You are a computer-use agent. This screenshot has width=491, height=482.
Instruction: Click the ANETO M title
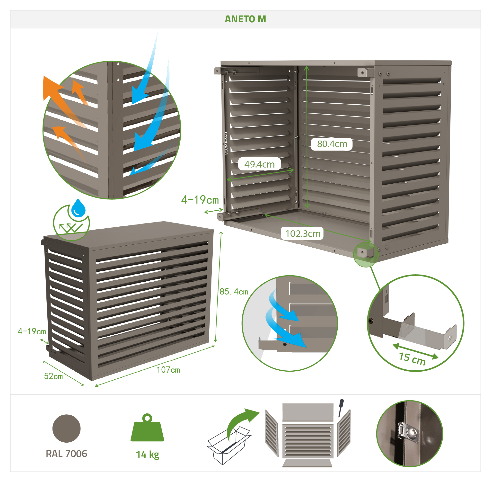tap(245, 19)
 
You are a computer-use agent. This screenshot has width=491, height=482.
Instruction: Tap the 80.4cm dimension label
tap(332, 144)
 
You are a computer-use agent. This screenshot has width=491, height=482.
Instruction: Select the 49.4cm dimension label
tap(259, 164)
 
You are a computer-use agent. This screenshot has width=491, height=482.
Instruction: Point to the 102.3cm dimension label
tap(303, 233)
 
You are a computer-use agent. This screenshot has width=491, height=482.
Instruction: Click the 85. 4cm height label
tap(234, 291)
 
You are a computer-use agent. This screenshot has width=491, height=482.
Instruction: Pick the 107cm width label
tap(168, 370)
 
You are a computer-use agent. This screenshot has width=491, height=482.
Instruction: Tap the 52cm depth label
tap(53, 376)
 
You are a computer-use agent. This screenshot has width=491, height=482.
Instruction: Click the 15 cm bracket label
tap(412, 359)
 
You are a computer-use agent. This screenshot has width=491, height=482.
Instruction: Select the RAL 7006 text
tap(66, 454)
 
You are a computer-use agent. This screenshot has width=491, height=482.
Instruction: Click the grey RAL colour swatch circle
tap(66, 428)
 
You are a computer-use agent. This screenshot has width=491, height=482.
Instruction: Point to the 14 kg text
tap(148, 455)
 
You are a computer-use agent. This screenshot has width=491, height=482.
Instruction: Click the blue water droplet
tap(78, 208)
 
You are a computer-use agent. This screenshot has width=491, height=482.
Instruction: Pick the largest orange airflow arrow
tap(64, 101)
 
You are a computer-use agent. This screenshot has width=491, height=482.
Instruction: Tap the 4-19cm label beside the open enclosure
tap(200, 200)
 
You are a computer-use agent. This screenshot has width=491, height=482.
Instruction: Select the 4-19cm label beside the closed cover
tap(32, 331)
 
